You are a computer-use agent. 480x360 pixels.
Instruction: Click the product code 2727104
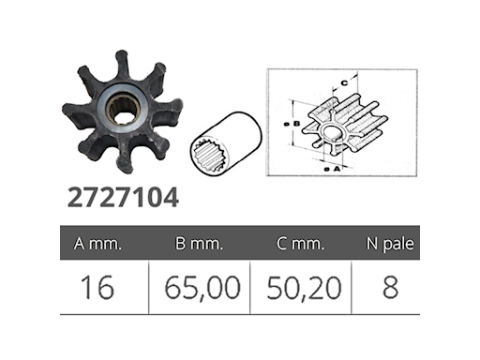pos(123,198)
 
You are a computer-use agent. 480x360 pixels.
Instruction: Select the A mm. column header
pos(97,244)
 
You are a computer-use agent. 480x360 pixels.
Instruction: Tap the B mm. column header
pos(199,244)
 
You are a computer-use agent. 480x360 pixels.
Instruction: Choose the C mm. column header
pos(301,244)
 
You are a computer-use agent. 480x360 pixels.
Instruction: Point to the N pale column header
pos(390,244)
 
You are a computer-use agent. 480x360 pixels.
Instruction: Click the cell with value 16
pos(97,288)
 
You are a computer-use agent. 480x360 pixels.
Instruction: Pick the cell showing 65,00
pos(202,288)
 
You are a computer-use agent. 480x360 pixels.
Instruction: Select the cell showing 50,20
pos(304,288)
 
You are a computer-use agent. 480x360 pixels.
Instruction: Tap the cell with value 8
pos(390,288)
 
